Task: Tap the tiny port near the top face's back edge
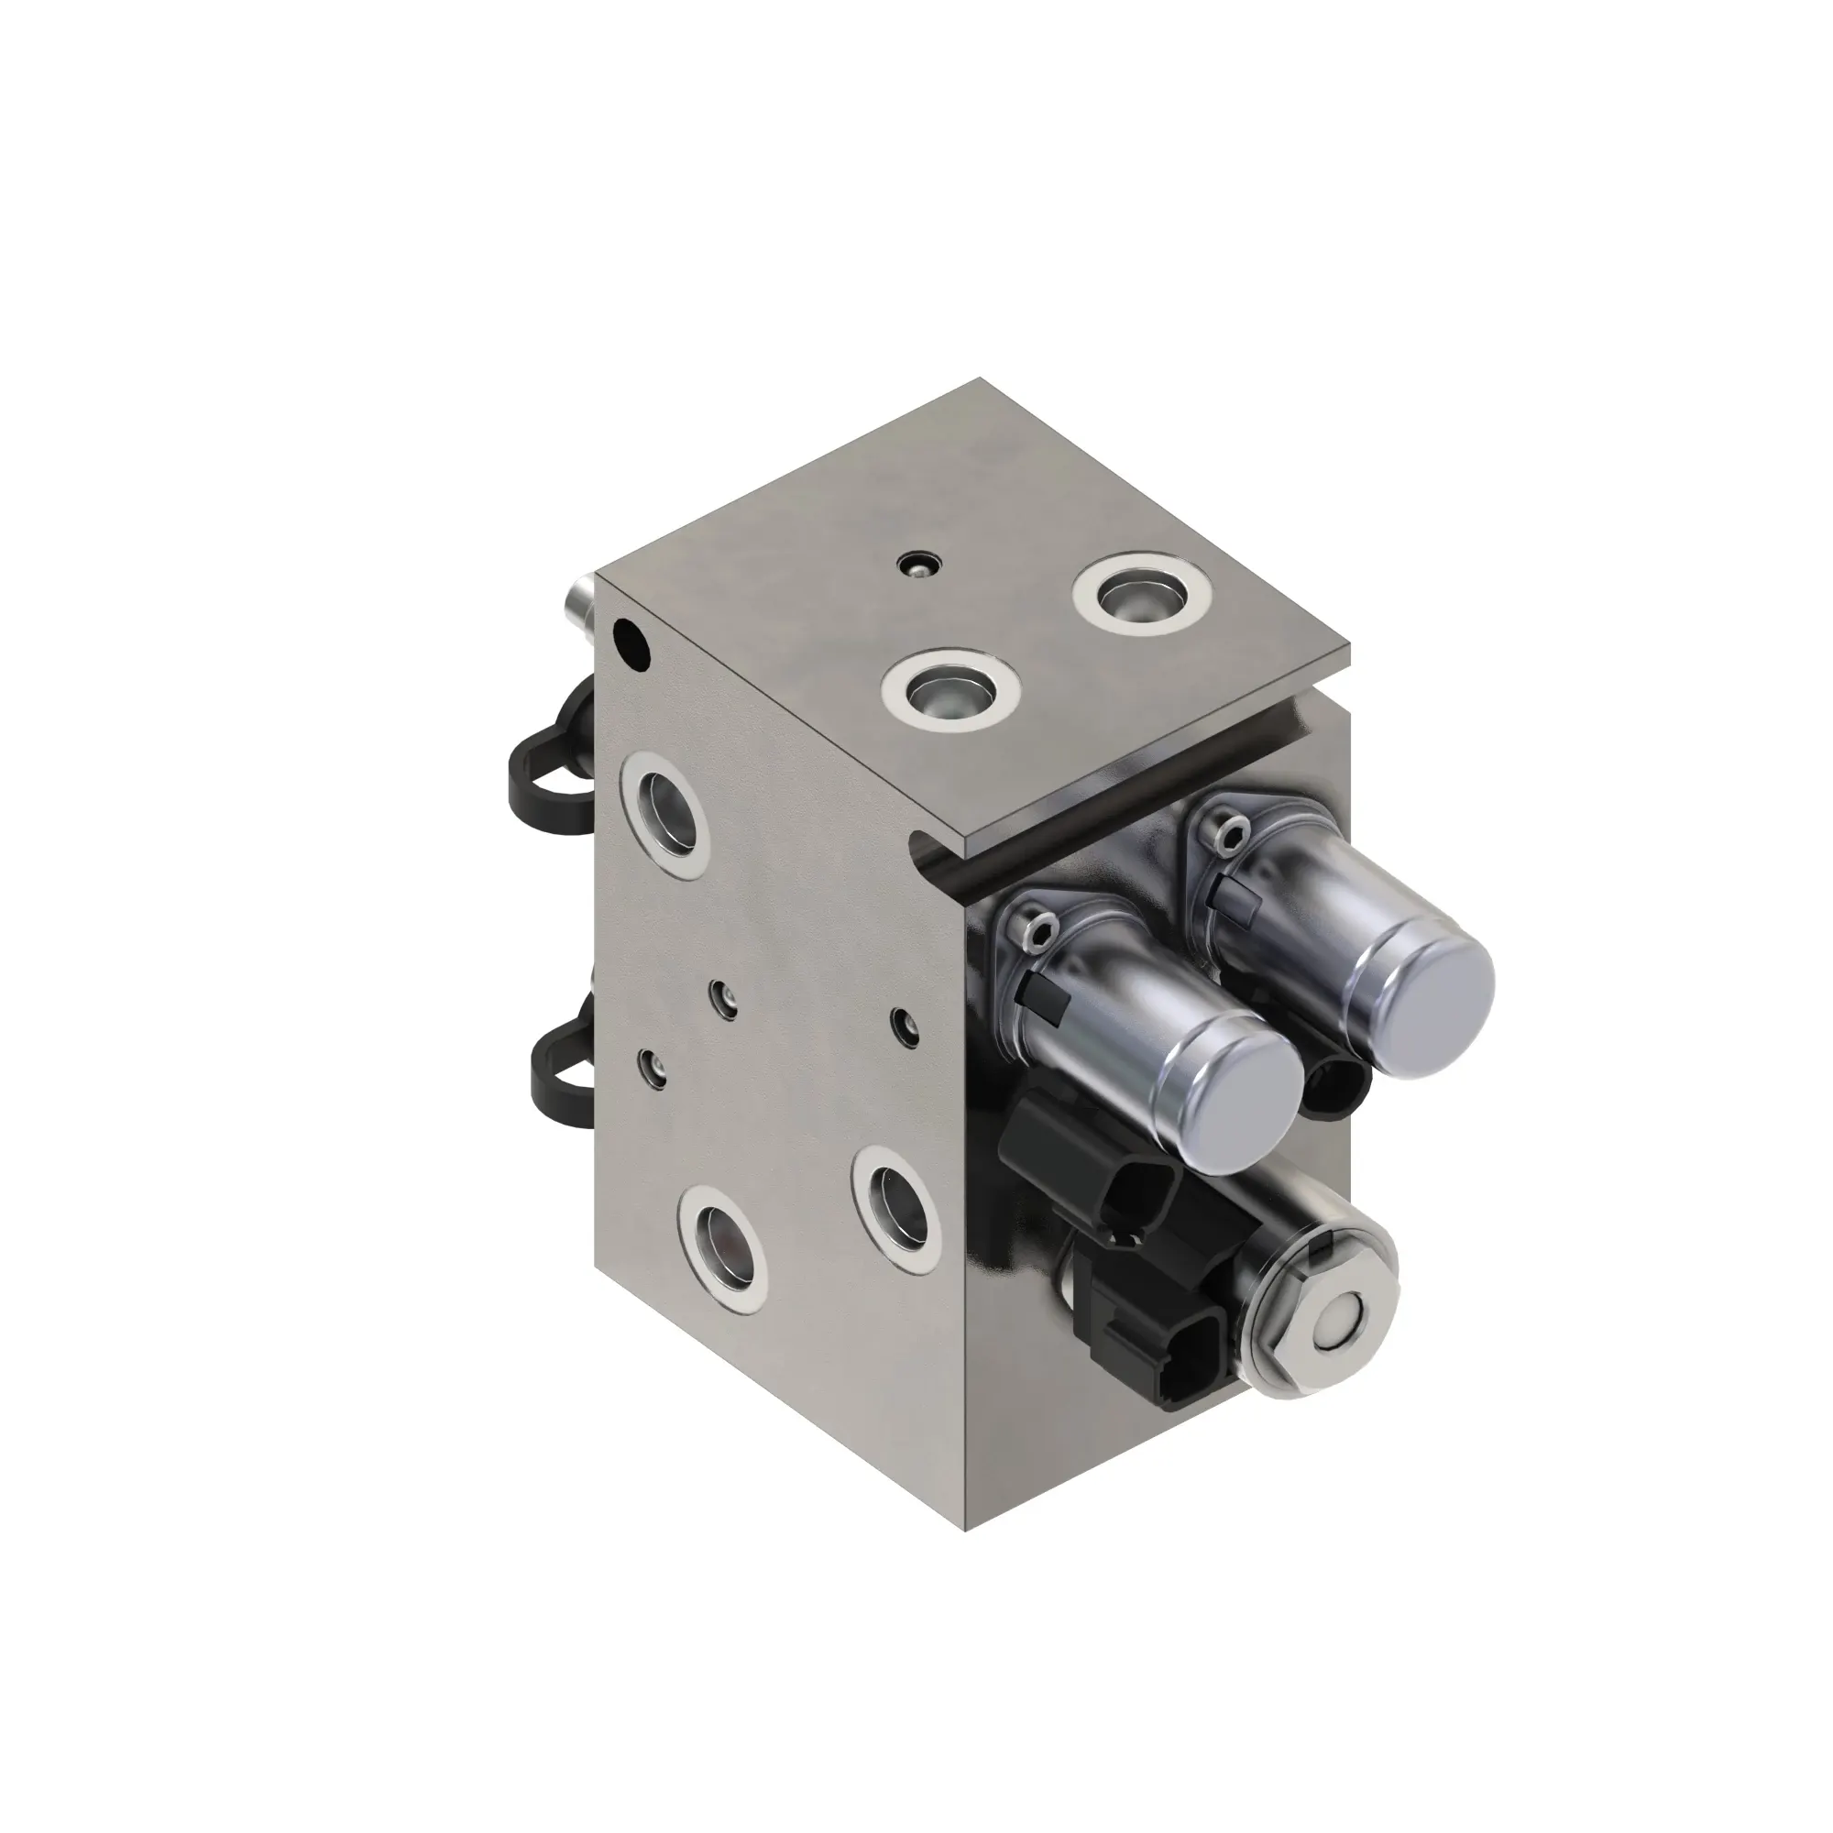(x=916, y=565)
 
